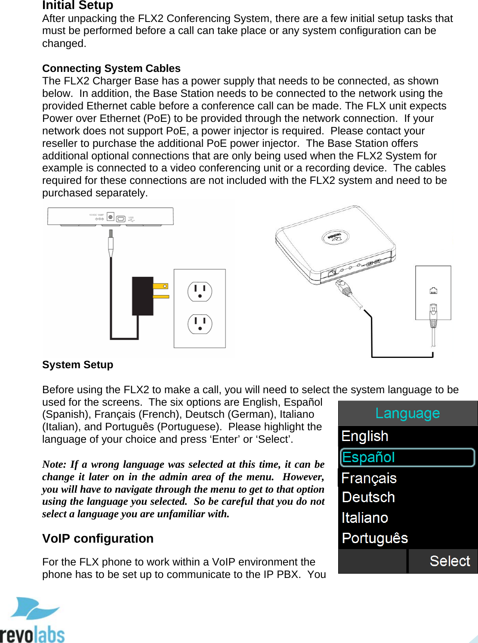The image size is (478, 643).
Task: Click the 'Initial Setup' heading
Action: click(77, 5)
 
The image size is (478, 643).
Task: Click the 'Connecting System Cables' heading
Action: click(111, 68)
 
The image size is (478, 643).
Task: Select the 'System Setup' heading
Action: click(77, 365)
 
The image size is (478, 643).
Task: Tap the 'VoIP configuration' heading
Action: click(98, 538)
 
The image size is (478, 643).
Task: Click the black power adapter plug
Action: click(143, 296)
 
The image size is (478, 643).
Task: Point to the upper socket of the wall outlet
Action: click(200, 292)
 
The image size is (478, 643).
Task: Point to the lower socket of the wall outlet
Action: click(200, 324)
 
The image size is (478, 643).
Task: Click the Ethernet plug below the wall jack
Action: click(433, 315)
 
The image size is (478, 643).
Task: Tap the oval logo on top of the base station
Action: click(336, 236)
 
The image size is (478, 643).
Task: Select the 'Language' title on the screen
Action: click(407, 413)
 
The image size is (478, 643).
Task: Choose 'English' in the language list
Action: click(365, 436)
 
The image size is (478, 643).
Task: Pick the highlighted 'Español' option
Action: click(368, 457)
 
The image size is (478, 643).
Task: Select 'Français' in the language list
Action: click(369, 478)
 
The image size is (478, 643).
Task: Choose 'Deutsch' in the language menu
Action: click(368, 497)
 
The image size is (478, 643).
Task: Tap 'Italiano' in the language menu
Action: click(365, 518)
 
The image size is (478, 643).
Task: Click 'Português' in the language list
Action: click(375, 538)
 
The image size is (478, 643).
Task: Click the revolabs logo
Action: click(32, 620)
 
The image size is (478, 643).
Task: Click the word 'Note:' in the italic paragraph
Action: click(54, 464)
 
